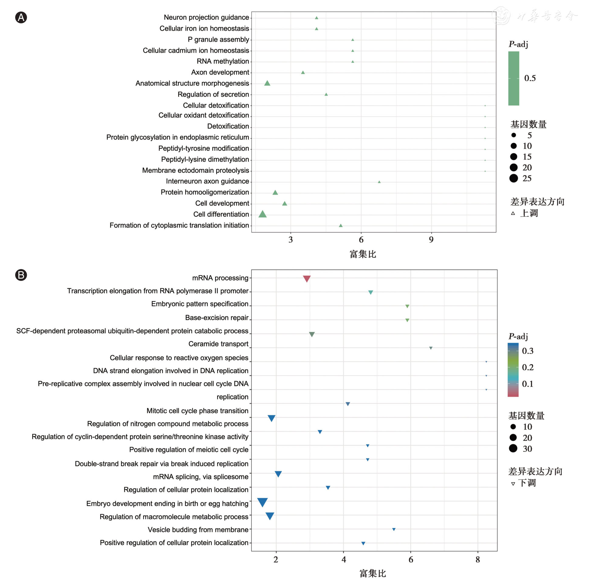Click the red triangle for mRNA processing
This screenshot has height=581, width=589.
pyautogui.click(x=307, y=278)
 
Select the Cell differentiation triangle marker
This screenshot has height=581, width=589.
pyautogui.click(x=262, y=214)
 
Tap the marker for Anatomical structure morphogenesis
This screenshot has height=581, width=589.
pyautogui.click(x=267, y=83)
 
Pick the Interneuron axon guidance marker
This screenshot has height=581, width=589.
pyautogui.click(x=379, y=182)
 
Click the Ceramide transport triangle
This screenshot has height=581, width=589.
pyautogui.click(x=431, y=348)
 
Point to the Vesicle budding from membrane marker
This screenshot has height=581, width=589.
pyautogui.click(x=394, y=529)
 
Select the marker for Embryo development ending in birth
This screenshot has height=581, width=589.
pyautogui.click(x=262, y=502)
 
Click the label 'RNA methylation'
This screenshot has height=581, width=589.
pyautogui.click(x=223, y=61)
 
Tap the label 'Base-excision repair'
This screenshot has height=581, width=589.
pyautogui.click(x=217, y=318)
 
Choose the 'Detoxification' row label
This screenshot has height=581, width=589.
pyautogui.click(x=228, y=126)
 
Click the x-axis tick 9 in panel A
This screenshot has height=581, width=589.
pyautogui.click(x=431, y=240)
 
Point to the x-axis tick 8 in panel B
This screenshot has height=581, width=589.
pyautogui.click(x=478, y=560)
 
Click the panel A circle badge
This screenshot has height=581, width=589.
pyautogui.click(x=21, y=17)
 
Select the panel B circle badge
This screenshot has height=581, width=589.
pyautogui.click(x=21, y=275)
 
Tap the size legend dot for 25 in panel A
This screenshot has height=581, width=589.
pyautogui.click(x=514, y=178)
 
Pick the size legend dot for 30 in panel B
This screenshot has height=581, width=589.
pyautogui.click(x=513, y=448)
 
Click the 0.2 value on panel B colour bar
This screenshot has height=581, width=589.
pyautogui.click(x=528, y=367)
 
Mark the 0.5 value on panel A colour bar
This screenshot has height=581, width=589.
pyautogui.click(x=530, y=78)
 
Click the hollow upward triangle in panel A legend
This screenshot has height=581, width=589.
pyautogui.click(x=513, y=213)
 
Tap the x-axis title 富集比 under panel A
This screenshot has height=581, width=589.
pyautogui.click(x=363, y=254)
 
